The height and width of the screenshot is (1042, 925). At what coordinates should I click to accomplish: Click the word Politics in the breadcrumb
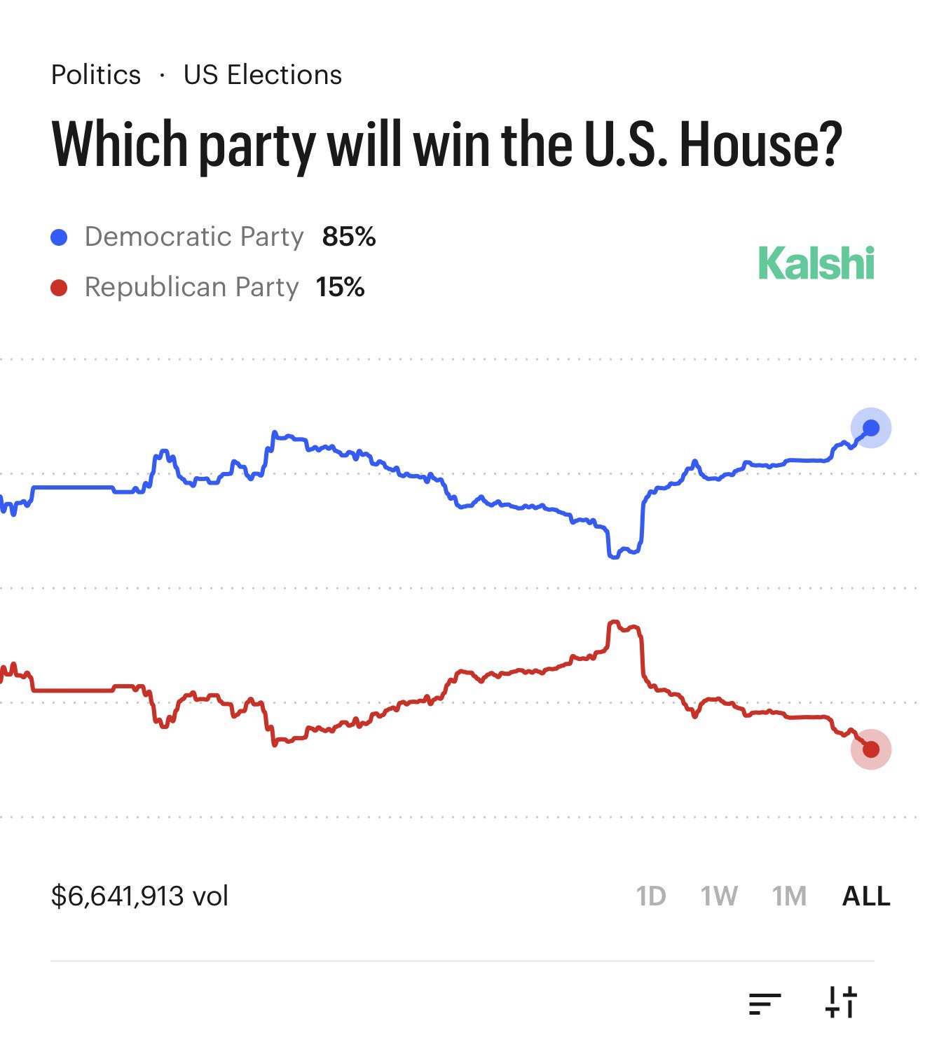[96, 75]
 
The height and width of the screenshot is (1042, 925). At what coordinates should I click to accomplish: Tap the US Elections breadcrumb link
[262, 75]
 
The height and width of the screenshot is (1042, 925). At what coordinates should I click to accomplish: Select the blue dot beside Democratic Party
[59, 237]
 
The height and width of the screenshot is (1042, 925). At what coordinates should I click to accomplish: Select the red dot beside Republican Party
[59, 288]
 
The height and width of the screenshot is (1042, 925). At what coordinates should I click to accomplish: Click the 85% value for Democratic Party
[348, 237]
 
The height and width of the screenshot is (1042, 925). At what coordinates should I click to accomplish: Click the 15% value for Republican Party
[340, 288]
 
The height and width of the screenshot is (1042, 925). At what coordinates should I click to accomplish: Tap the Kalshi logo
[816, 264]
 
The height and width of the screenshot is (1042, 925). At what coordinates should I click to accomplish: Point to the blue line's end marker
[870, 428]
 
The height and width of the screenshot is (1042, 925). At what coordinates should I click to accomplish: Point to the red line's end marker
[870, 749]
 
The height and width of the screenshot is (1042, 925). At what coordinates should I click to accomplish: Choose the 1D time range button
[650, 896]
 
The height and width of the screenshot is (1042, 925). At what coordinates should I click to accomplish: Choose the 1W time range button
[719, 896]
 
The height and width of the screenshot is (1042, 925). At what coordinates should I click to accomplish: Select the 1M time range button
[789, 896]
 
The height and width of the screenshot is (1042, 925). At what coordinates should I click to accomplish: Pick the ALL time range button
[866, 896]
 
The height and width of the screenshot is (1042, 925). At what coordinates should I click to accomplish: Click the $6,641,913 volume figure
[139, 896]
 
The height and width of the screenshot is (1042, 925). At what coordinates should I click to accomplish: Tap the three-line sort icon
[765, 1003]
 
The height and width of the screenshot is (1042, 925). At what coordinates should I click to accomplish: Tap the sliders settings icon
[841, 1002]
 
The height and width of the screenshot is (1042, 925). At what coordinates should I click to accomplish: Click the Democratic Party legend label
[194, 237]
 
